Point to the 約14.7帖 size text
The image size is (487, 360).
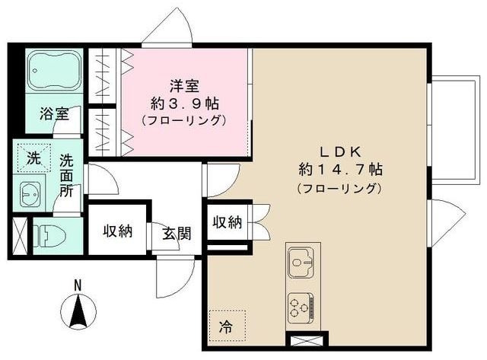[x=341, y=168]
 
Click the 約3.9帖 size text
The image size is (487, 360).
[x=183, y=103]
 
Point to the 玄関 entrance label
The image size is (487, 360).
[x=176, y=232]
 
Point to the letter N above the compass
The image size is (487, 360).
[x=78, y=285]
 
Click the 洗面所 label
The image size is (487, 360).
[x=67, y=176]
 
